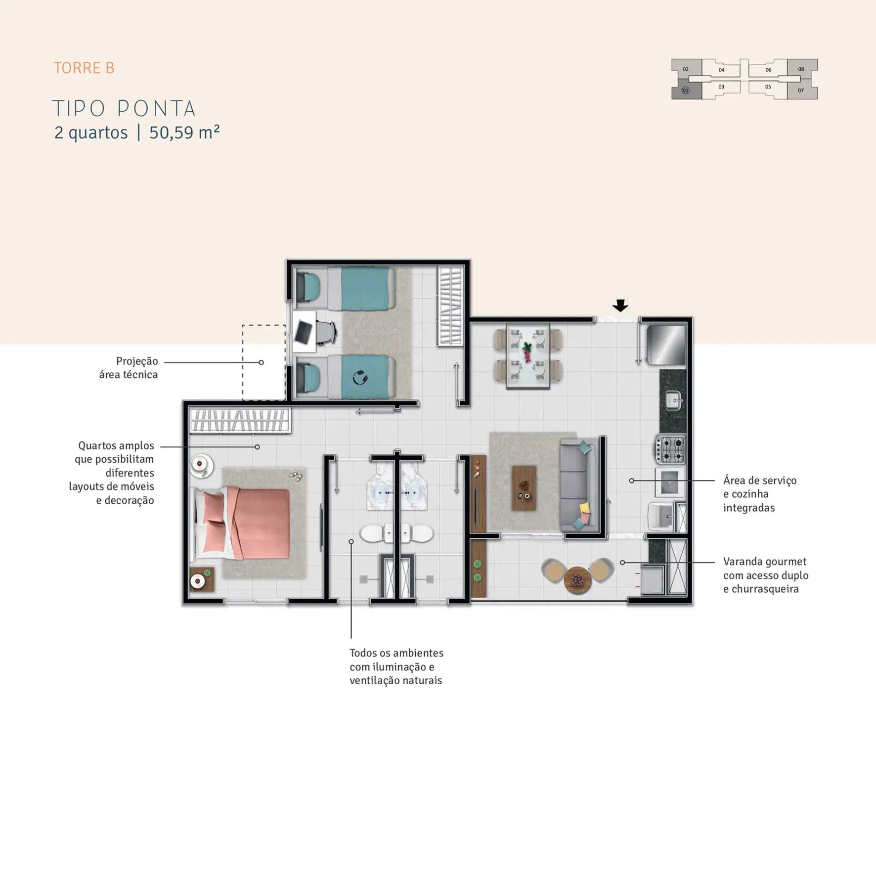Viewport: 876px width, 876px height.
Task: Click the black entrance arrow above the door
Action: pyautogui.click(x=620, y=305)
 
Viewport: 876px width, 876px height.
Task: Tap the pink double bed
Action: pyautogui.click(x=242, y=523)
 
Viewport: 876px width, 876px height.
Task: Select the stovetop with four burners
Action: pyautogui.click(x=670, y=449)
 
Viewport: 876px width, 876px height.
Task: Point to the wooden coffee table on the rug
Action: pyautogui.click(x=524, y=487)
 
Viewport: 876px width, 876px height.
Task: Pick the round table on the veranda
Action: pyautogui.click(x=577, y=579)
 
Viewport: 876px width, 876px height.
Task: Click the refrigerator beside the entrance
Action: pyautogui.click(x=666, y=345)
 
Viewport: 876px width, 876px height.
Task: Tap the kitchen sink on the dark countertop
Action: pyautogui.click(x=673, y=400)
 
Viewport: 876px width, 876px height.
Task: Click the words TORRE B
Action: pyautogui.click(x=84, y=68)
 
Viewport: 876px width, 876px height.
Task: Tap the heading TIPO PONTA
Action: pyautogui.click(x=124, y=108)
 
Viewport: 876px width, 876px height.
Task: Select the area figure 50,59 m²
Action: pyautogui.click(x=184, y=132)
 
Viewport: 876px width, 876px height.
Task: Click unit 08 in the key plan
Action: pyautogui.click(x=801, y=69)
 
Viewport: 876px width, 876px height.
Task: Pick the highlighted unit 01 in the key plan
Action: pyautogui.click(x=686, y=90)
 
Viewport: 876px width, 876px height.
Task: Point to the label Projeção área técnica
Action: pyautogui.click(x=129, y=368)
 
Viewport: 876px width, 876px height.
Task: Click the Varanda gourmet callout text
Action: pyautogui.click(x=766, y=575)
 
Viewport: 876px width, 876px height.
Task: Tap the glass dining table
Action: pyautogui.click(x=528, y=355)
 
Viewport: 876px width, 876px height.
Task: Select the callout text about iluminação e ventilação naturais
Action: pyautogui.click(x=396, y=666)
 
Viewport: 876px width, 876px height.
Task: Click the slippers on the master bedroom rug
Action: pyautogui.click(x=296, y=476)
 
